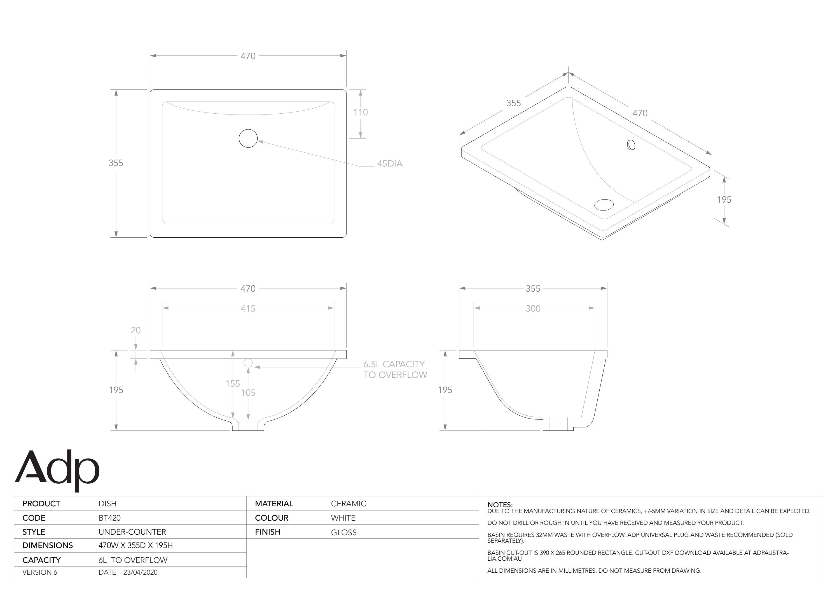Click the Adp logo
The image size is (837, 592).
(57, 470)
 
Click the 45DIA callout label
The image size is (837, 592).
(389, 164)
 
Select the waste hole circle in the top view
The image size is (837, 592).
(248, 138)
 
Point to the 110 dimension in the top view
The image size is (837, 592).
(360, 112)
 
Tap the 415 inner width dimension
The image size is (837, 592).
(248, 308)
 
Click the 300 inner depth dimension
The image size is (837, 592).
(533, 308)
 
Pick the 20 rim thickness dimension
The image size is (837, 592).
(135, 330)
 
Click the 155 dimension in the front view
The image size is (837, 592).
(233, 383)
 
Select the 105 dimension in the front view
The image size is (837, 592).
(248, 393)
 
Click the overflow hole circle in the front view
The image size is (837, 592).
(248, 363)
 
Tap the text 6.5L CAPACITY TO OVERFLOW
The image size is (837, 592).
(395, 369)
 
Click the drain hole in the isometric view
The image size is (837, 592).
(604, 205)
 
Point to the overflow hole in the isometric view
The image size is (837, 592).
(631, 145)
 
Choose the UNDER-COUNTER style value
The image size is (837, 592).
(132, 532)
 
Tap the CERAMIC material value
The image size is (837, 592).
(348, 504)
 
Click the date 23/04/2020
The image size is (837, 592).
(140, 572)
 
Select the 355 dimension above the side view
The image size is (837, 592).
(533, 289)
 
